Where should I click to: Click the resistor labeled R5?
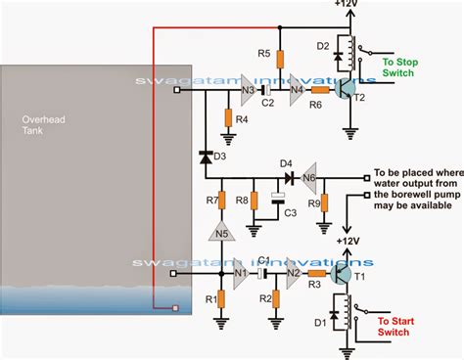pyautogui.click(x=280, y=58)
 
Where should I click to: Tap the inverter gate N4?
pyautogui.click(x=294, y=92)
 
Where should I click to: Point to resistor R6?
pyautogui.click(x=321, y=92)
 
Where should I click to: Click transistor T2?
pyautogui.click(x=346, y=91)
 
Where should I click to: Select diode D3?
pyautogui.click(x=207, y=157)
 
